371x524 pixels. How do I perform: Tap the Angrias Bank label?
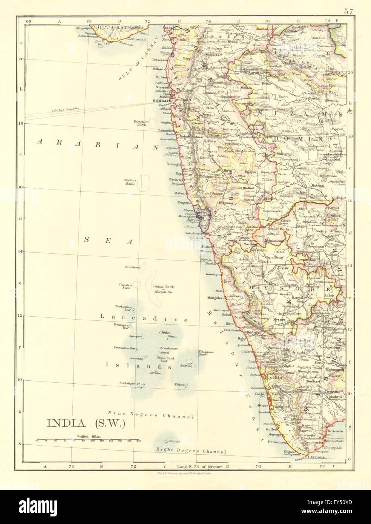point(129,182)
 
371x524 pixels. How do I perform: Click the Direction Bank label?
point(141,124)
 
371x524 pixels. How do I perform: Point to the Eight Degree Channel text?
point(192,451)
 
